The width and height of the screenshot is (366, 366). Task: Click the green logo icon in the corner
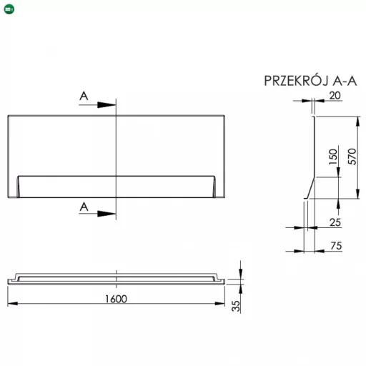click(9, 9)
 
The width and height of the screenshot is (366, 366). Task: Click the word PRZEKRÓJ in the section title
click(297, 80)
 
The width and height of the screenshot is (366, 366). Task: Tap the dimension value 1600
click(116, 299)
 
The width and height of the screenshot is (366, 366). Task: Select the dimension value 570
click(352, 157)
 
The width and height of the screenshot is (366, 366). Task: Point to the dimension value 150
click(333, 157)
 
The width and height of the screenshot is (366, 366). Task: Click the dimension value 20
click(335, 96)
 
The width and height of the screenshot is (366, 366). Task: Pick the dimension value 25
click(335, 222)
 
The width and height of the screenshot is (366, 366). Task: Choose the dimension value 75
click(336, 246)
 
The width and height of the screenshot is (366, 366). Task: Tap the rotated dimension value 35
click(236, 306)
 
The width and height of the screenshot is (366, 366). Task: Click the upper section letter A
click(84, 96)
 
